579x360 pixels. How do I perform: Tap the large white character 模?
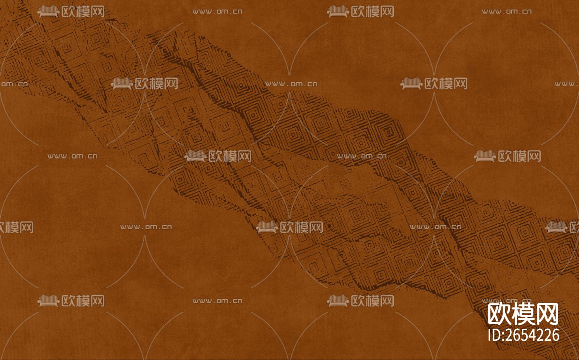[523, 314]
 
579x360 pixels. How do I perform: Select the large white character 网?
[547, 314]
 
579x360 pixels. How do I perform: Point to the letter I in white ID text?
[490, 335]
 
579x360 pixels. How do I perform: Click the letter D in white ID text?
[496, 335]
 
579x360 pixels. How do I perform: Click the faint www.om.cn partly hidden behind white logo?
[507, 301]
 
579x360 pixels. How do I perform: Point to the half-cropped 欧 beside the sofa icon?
[574, 227]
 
